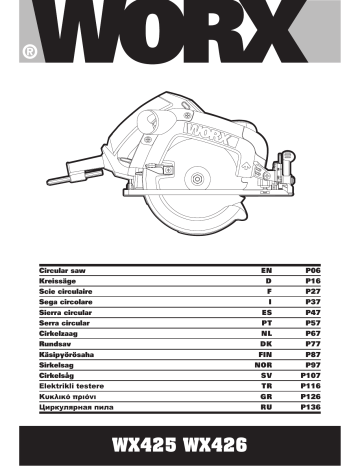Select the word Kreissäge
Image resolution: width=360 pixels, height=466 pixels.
[x=59, y=283]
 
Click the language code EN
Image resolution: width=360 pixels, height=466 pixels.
[x=264, y=271]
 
